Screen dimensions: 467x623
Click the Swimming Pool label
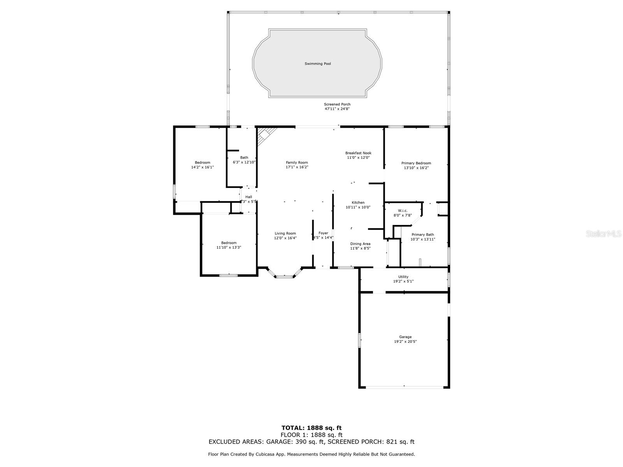(317, 63)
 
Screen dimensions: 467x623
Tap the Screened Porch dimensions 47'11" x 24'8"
(337, 109)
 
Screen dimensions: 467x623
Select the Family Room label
(297, 163)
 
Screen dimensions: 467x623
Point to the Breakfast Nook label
(358, 153)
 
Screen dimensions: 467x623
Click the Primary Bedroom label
(416, 163)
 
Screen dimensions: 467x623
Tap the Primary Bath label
(422, 235)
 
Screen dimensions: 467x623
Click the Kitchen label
(358, 203)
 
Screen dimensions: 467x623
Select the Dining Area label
(360, 244)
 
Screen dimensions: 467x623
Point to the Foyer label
(323, 233)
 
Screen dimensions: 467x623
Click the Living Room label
(285, 233)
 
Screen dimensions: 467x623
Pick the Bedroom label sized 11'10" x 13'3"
(229, 243)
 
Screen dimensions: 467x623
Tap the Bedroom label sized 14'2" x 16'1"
(202, 163)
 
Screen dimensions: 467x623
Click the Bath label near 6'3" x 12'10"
(244, 158)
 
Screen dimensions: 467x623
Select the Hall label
(248, 197)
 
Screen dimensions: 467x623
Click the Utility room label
(403, 277)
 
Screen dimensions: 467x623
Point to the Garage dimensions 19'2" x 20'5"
(405, 342)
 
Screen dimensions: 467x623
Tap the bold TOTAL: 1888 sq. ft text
(311, 428)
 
